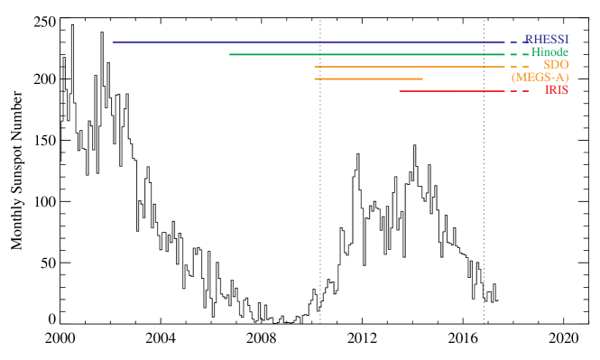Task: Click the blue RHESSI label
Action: (x=547, y=40)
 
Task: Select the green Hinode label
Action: (x=549, y=52)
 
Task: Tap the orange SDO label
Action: (x=556, y=65)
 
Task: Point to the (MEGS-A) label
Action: (x=540, y=78)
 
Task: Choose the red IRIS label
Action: (x=556, y=90)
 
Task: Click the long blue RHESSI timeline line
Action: (x=307, y=42)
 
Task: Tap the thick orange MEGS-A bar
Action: (x=368, y=79)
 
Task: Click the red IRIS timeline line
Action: (x=451, y=91)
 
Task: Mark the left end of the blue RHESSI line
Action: (x=113, y=42)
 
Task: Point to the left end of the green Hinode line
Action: (x=230, y=55)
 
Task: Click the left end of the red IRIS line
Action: (x=400, y=91)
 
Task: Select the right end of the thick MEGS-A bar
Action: (x=422, y=79)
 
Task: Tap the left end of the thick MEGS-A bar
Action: (x=315, y=79)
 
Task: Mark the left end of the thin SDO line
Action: (x=315, y=67)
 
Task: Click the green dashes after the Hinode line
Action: (x=519, y=55)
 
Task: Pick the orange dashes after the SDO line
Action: (x=519, y=67)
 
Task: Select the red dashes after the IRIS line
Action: (x=519, y=91)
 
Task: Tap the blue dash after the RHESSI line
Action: (x=513, y=42)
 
